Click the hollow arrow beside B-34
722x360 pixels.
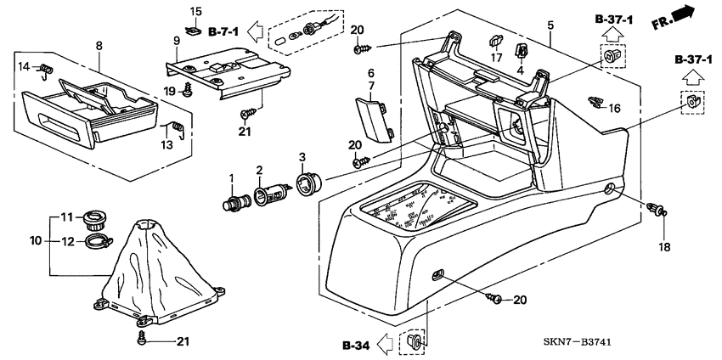click(x=386, y=346)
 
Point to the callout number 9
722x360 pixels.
click(x=178, y=40)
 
